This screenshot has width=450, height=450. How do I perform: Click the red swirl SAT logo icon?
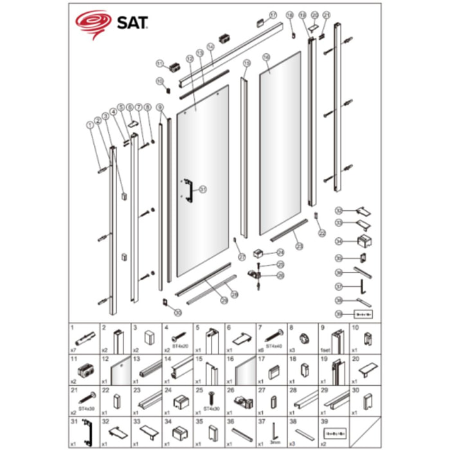(93, 24)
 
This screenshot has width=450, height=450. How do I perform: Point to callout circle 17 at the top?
(273, 14)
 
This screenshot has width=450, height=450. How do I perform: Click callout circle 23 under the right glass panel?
(298, 246)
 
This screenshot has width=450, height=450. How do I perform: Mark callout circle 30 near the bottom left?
(178, 312)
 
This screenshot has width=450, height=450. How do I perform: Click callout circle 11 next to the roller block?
(159, 62)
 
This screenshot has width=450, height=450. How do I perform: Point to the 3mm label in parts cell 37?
(276, 443)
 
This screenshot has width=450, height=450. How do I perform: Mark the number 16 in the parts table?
(230, 360)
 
